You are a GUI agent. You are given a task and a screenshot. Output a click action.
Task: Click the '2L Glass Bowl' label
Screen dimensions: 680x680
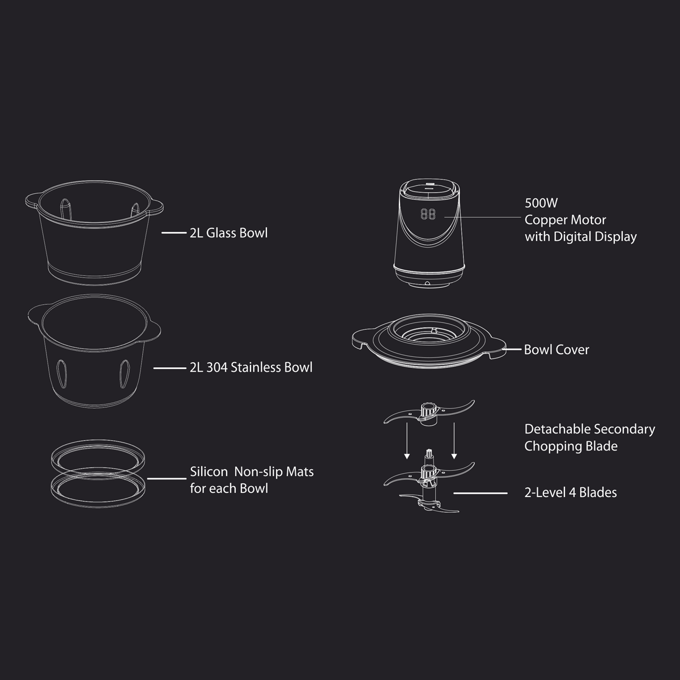pyautogui.click(x=229, y=233)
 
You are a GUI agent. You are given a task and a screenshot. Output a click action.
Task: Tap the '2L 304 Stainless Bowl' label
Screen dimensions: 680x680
pyautogui.click(x=251, y=367)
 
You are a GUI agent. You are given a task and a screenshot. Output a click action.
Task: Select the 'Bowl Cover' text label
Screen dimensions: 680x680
pyautogui.click(x=556, y=350)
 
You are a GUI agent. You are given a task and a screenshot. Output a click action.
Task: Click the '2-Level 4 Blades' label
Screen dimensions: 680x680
pyautogui.click(x=571, y=492)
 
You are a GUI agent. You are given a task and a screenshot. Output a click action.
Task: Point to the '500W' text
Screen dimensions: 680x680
pyautogui.click(x=541, y=203)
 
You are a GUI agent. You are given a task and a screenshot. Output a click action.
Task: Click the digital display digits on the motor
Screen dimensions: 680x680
pyautogui.click(x=428, y=214)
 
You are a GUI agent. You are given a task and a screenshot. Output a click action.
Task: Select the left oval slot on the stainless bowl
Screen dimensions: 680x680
pyautogui.click(x=62, y=374)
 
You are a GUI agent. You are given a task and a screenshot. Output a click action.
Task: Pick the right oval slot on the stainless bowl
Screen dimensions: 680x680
pyautogui.click(x=125, y=374)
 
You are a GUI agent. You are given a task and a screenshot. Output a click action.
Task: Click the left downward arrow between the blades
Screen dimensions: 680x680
pyautogui.click(x=407, y=441)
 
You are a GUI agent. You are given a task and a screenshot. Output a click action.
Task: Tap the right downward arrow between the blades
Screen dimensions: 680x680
pyautogui.click(x=454, y=441)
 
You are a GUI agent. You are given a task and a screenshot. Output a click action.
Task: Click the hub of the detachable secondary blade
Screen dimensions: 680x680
pyautogui.click(x=427, y=412)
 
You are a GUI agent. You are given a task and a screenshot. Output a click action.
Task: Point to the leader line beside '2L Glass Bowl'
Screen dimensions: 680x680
pyautogui.click(x=174, y=232)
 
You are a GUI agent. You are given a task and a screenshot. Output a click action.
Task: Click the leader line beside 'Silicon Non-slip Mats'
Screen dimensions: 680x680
pyautogui.click(x=167, y=478)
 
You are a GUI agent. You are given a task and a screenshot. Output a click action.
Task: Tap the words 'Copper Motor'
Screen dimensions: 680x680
pyautogui.click(x=566, y=220)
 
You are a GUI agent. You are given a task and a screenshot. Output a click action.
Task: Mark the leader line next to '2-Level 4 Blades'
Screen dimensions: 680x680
pyautogui.click(x=481, y=493)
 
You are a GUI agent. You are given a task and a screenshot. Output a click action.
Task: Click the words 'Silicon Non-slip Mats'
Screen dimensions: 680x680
pyautogui.click(x=252, y=472)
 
